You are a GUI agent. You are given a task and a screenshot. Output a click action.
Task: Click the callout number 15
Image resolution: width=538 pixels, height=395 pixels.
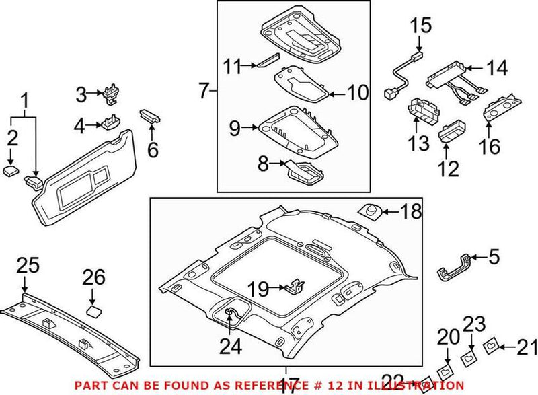tap(420, 25)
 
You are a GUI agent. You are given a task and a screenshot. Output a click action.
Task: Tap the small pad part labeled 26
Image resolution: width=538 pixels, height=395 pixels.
tap(94, 310)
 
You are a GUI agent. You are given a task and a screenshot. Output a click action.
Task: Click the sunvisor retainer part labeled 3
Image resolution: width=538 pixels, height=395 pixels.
tap(111, 96)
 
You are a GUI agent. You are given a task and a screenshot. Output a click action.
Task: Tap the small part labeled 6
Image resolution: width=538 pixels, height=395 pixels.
tap(150, 115)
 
